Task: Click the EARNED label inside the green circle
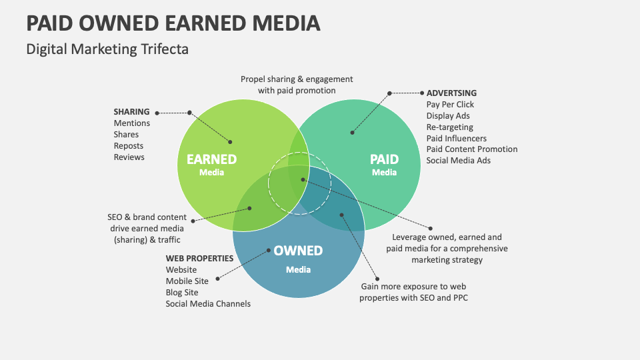[211, 159]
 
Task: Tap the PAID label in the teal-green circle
[384, 159]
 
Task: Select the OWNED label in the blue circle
[298, 251]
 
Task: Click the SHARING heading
[131, 112]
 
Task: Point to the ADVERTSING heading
[451, 93]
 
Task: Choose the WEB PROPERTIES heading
[199, 259]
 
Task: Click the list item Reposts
[129, 146]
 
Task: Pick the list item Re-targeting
[450, 127]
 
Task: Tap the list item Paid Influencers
[456, 139]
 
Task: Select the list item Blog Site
[182, 292]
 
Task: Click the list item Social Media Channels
[208, 304]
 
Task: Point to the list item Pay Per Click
[450, 105]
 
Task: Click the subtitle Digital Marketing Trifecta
[107, 49]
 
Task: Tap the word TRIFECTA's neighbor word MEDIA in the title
[286, 23]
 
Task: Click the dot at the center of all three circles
[303, 179]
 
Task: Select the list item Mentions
[132, 123]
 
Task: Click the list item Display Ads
[448, 116]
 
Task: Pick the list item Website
[181, 270]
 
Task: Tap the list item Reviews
[129, 157]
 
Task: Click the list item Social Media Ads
[459, 161]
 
